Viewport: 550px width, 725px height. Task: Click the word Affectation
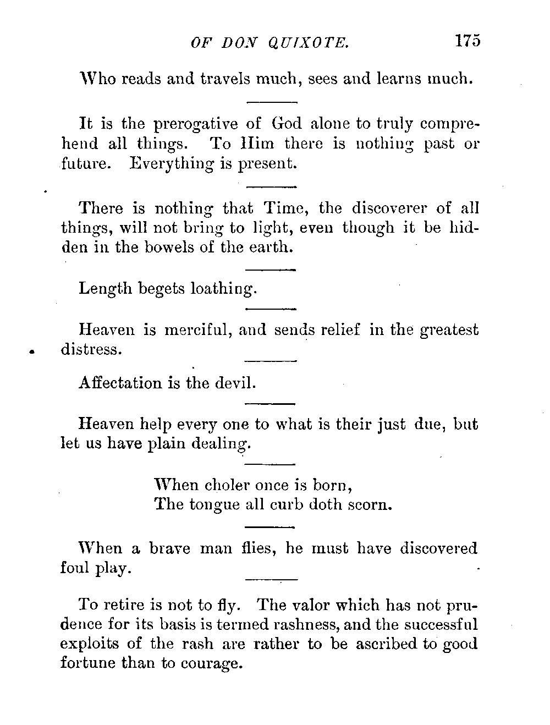[120, 383]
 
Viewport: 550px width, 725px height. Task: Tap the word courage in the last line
[212, 664]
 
